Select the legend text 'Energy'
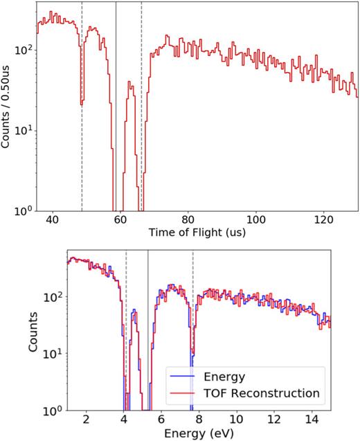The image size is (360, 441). (x=224, y=377)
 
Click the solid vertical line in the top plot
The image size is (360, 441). (x=116, y=104)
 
